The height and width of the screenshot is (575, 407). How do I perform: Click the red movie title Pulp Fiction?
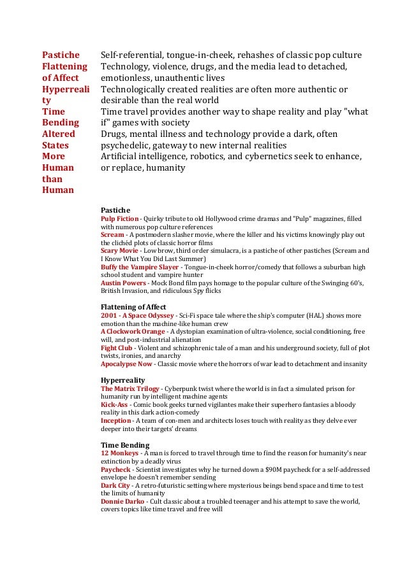(119, 218)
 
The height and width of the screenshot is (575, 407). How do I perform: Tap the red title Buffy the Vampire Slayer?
(140, 267)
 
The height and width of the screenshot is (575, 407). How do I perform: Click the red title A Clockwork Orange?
(132, 332)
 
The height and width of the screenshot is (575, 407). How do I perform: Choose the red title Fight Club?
(117, 348)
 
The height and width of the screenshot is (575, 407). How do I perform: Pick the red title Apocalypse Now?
(126, 364)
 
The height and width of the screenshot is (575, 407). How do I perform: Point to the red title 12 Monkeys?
(119, 453)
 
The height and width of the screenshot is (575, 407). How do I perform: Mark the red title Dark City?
(115, 485)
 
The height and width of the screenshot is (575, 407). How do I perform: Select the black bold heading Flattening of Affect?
(133, 308)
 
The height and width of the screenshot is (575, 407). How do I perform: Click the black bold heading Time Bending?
(125, 445)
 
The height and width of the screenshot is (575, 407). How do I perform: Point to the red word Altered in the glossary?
(58, 134)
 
